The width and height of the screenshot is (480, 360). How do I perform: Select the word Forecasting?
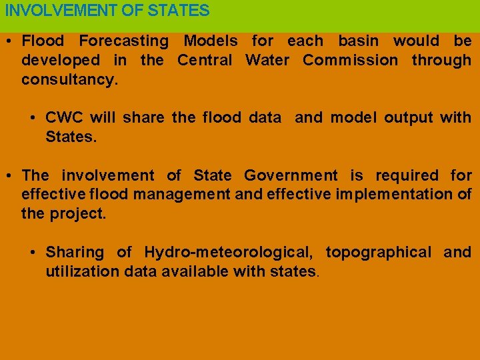pyautogui.click(x=124, y=41)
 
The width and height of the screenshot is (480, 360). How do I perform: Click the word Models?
pyautogui.click(x=210, y=41)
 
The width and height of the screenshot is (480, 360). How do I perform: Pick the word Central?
pyautogui.click(x=205, y=61)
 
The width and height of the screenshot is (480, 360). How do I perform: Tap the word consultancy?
pyautogui.click(x=69, y=80)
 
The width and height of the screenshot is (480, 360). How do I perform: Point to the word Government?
pyautogui.click(x=291, y=176)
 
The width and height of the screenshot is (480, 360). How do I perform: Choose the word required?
pyautogui.click(x=407, y=176)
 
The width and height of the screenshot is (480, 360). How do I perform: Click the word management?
pyautogui.click(x=180, y=195)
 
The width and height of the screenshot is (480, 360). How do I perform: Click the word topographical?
pyautogui.click(x=379, y=253)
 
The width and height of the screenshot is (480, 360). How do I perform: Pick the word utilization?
pyautogui.click(x=77, y=272)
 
